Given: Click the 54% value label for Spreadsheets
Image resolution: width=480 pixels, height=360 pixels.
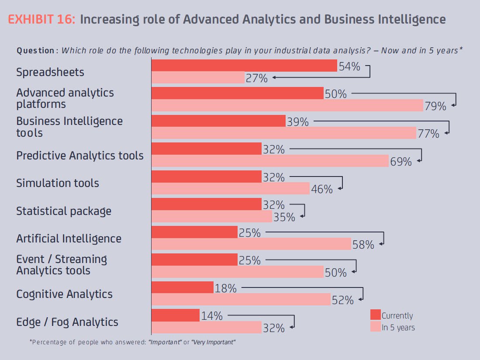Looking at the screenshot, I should (x=349, y=67).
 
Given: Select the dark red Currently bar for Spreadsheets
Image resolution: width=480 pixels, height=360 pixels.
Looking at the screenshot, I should (x=244, y=66).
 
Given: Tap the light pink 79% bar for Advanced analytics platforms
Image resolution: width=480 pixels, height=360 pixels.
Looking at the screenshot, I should (x=287, y=105).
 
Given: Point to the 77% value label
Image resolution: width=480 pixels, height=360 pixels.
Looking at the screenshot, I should (x=428, y=134).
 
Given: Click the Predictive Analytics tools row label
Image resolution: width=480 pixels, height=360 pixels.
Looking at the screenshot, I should (x=80, y=156).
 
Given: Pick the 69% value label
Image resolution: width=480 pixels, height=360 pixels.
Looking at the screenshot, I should (x=401, y=162).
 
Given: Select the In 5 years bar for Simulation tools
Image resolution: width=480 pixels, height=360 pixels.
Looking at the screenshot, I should (x=230, y=188).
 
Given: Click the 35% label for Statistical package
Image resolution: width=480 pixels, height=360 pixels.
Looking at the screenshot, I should (x=284, y=217).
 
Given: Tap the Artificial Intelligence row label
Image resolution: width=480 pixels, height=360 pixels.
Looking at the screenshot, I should (x=69, y=239).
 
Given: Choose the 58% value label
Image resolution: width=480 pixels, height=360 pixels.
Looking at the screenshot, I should (x=363, y=245).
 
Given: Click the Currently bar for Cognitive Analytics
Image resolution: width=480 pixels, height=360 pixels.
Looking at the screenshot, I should (x=182, y=287).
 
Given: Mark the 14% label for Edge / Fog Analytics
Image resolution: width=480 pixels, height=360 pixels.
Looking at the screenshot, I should (x=212, y=315).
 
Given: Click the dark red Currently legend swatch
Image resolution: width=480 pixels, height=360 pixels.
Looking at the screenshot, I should (x=375, y=315).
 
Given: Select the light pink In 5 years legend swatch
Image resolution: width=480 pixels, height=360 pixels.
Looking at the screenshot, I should (x=375, y=326).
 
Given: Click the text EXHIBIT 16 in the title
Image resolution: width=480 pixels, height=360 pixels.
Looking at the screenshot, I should (x=41, y=20).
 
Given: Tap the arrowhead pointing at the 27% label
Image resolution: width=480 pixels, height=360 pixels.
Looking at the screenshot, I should (x=274, y=77).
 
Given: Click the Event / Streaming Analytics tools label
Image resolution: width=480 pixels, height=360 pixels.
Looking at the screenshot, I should (x=61, y=265).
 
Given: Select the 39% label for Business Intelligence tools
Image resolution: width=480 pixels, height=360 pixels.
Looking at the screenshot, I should (x=298, y=122).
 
